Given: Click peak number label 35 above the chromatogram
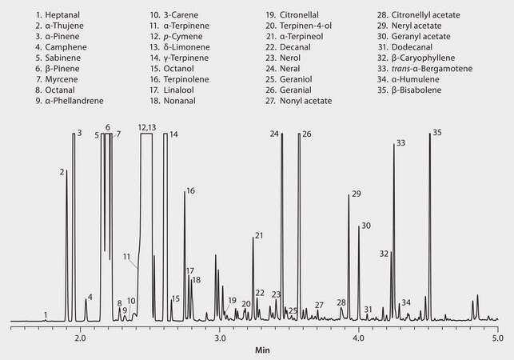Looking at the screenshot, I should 436,132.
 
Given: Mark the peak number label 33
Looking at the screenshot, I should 400,143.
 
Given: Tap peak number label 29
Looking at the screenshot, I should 356,194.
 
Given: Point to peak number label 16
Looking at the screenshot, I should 190,191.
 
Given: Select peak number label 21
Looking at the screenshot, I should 258,236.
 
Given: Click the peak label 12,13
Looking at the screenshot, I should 146,128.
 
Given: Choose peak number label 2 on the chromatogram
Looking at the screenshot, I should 62,172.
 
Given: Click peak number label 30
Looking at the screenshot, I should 365,226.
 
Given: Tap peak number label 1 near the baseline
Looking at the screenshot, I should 46,315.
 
